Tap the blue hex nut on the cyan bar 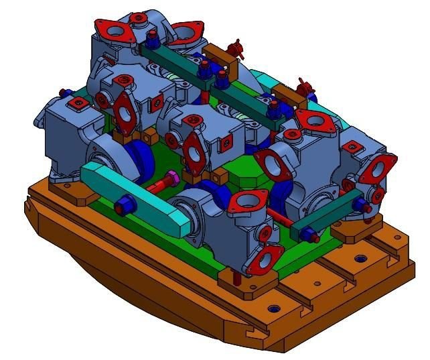124,204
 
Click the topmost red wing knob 234,48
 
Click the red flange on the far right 382,167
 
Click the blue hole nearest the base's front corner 274,309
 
